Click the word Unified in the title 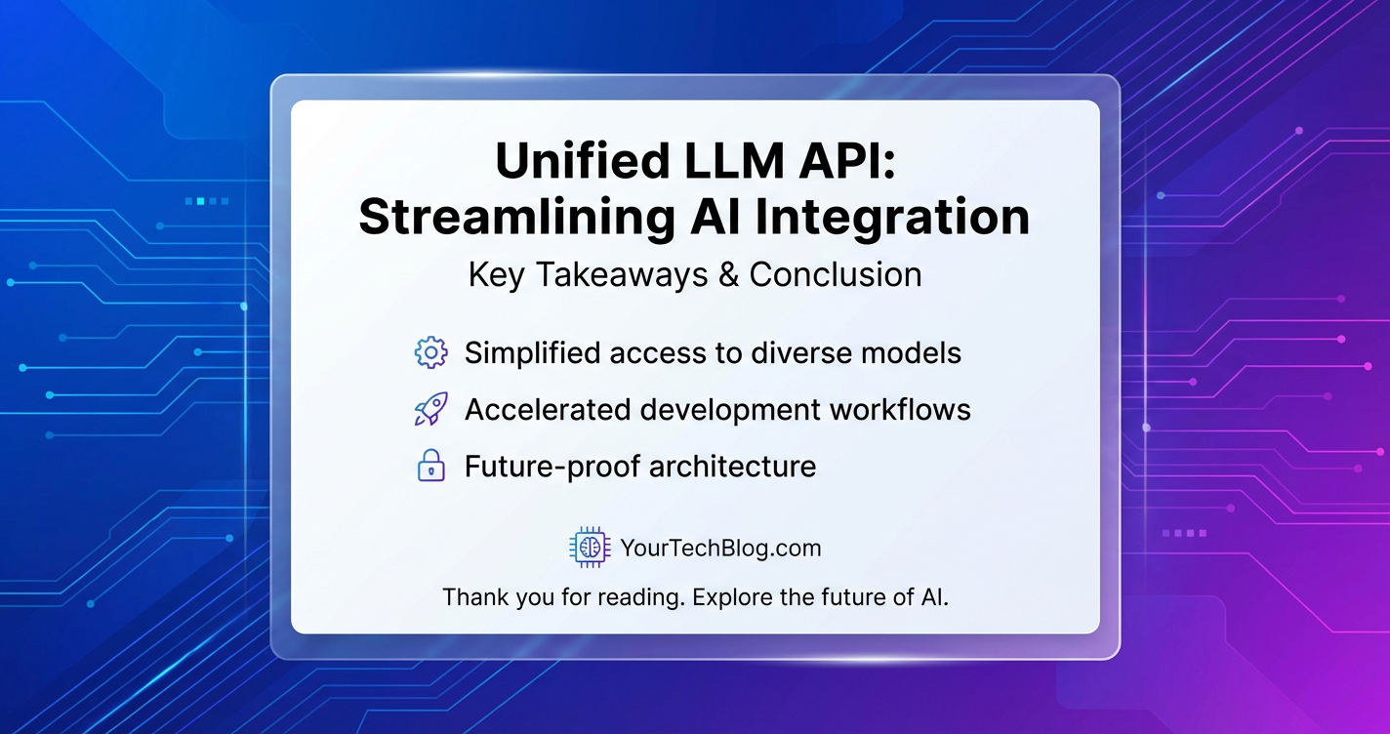(583, 161)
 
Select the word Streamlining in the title (516, 218)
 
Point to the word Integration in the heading (892, 218)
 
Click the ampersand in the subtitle (728, 275)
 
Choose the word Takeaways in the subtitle (621, 276)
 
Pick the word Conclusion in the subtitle (836, 275)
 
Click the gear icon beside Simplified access (430, 352)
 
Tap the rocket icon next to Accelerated (430, 409)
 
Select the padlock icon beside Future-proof (430, 466)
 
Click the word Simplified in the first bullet (532, 353)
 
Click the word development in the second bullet (728, 411)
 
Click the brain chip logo (590, 548)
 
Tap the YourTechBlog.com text (720, 549)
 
